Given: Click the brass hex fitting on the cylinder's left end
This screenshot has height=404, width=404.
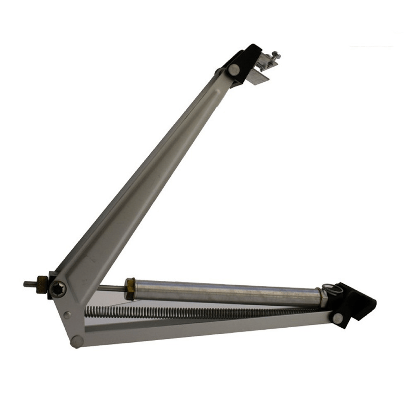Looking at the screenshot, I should (x=129, y=288).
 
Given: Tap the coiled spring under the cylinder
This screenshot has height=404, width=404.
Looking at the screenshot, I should (x=196, y=312).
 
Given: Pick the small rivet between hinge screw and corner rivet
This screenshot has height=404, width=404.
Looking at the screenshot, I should (x=67, y=315).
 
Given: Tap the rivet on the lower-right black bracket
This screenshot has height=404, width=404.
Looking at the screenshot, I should (x=338, y=318).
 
